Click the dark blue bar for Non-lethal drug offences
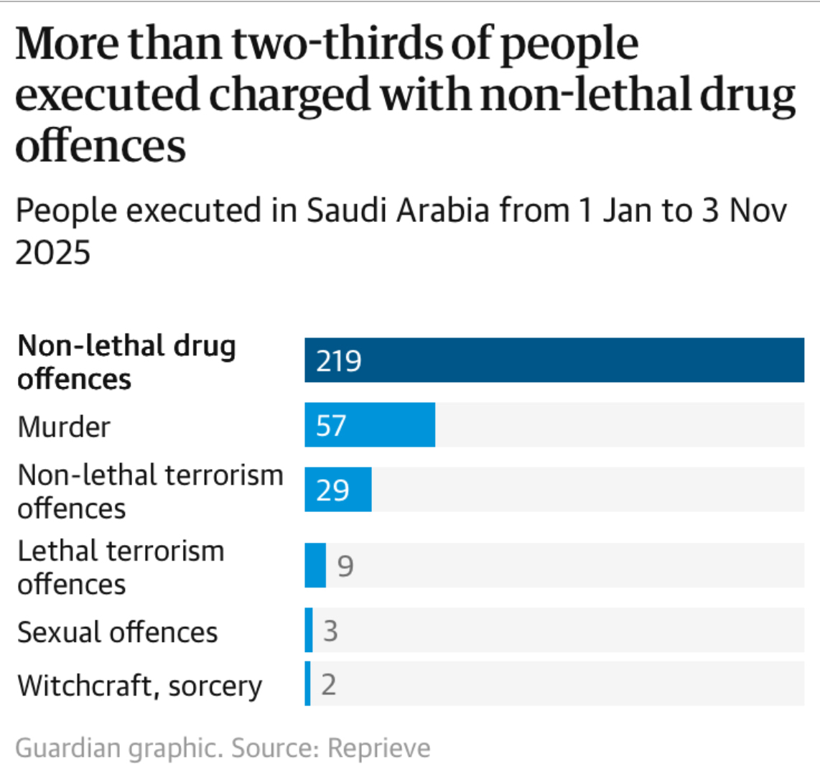[554, 360]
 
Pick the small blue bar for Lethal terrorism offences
[315, 565]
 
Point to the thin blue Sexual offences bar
[309, 630]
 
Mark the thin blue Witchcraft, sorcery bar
[308, 684]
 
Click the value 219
[339, 361]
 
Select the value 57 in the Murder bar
[331, 425]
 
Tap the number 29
[332, 490]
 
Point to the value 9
[345, 566]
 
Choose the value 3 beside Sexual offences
[330, 631]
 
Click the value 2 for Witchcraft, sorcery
[328, 684]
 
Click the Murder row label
[64, 427]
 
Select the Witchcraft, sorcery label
[140, 686]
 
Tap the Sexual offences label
[117, 632]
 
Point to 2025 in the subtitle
[53, 253]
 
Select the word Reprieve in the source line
[379, 748]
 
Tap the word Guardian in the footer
[69, 748]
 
